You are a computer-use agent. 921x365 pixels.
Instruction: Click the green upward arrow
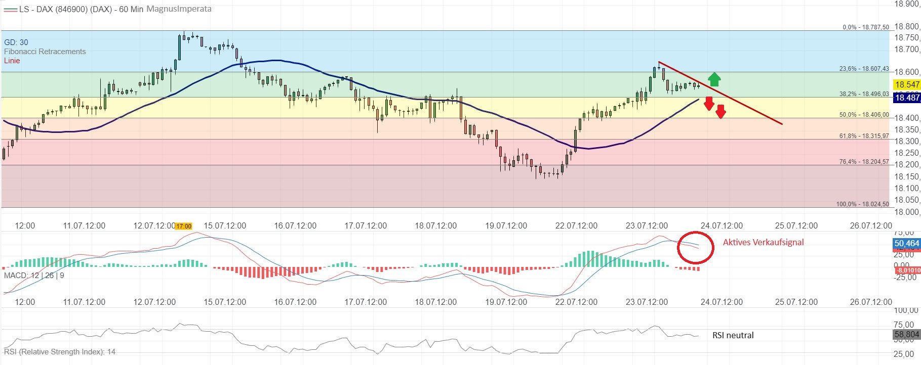click(x=714, y=79)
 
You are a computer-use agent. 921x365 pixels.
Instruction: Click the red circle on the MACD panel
click(x=696, y=247)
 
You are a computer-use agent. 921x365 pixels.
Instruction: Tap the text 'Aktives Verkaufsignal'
click(x=763, y=242)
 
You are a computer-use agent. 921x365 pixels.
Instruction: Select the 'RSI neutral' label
click(x=733, y=335)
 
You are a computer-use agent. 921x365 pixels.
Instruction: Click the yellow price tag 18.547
click(x=906, y=84)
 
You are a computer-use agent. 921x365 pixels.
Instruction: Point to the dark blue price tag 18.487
click(x=906, y=98)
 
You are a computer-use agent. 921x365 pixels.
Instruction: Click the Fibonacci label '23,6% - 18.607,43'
click(x=864, y=69)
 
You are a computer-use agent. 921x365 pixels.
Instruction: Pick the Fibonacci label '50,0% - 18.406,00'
click(x=864, y=115)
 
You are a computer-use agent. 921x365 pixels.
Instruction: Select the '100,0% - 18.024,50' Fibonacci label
click(x=862, y=204)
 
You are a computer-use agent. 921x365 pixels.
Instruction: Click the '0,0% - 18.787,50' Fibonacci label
click(x=865, y=27)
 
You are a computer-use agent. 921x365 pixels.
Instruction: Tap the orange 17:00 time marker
click(x=184, y=226)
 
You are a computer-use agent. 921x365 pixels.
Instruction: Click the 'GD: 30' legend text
click(x=16, y=42)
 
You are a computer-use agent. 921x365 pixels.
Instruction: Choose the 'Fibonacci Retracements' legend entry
click(x=45, y=52)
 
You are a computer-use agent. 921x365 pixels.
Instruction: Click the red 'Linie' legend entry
click(x=12, y=61)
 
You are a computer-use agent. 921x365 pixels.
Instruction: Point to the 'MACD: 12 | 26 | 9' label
click(x=34, y=276)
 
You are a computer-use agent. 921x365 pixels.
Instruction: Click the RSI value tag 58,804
click(x=906, y=334)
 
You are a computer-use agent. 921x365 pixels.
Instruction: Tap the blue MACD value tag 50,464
click(x=906, y=243)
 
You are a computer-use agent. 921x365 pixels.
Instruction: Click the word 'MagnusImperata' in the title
click(x=179, y=9)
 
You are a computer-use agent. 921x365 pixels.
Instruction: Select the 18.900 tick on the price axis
click(x=906, y=4)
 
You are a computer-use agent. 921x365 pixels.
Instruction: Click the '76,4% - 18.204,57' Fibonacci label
click(x=864, y=162)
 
